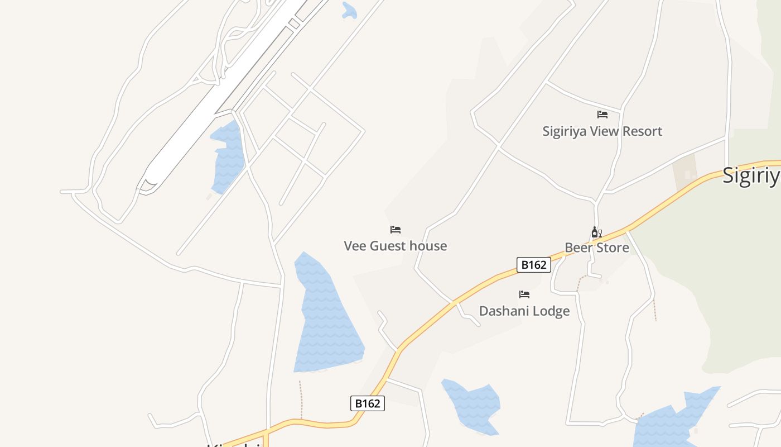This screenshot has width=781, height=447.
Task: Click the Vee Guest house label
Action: (x=395, y=246)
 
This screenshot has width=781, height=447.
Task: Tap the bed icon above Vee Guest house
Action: (x=396, y=230)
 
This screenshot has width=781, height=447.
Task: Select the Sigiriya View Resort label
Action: (x=602, y=131)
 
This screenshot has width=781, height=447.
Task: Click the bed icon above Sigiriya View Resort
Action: (x=602, y=115)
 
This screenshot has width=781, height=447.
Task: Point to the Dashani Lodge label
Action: (x=524, y=311)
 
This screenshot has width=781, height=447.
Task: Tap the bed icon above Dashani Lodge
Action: (x=524, y=294)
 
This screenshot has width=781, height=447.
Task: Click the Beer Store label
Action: (x=597, y=248)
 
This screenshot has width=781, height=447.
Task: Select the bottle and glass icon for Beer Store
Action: (x=596, y=232)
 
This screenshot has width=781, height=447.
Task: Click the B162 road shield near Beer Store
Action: (x=534, y=265)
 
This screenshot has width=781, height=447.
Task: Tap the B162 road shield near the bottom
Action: (x=368, y=403)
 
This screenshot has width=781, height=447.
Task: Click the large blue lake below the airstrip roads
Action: (x=326, y=318)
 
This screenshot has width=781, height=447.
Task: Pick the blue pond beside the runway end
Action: (x=228, y=156)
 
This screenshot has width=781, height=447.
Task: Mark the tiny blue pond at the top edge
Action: (x=349, y=11)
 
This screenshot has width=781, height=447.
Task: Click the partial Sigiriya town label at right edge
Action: (x=751, y=175)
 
